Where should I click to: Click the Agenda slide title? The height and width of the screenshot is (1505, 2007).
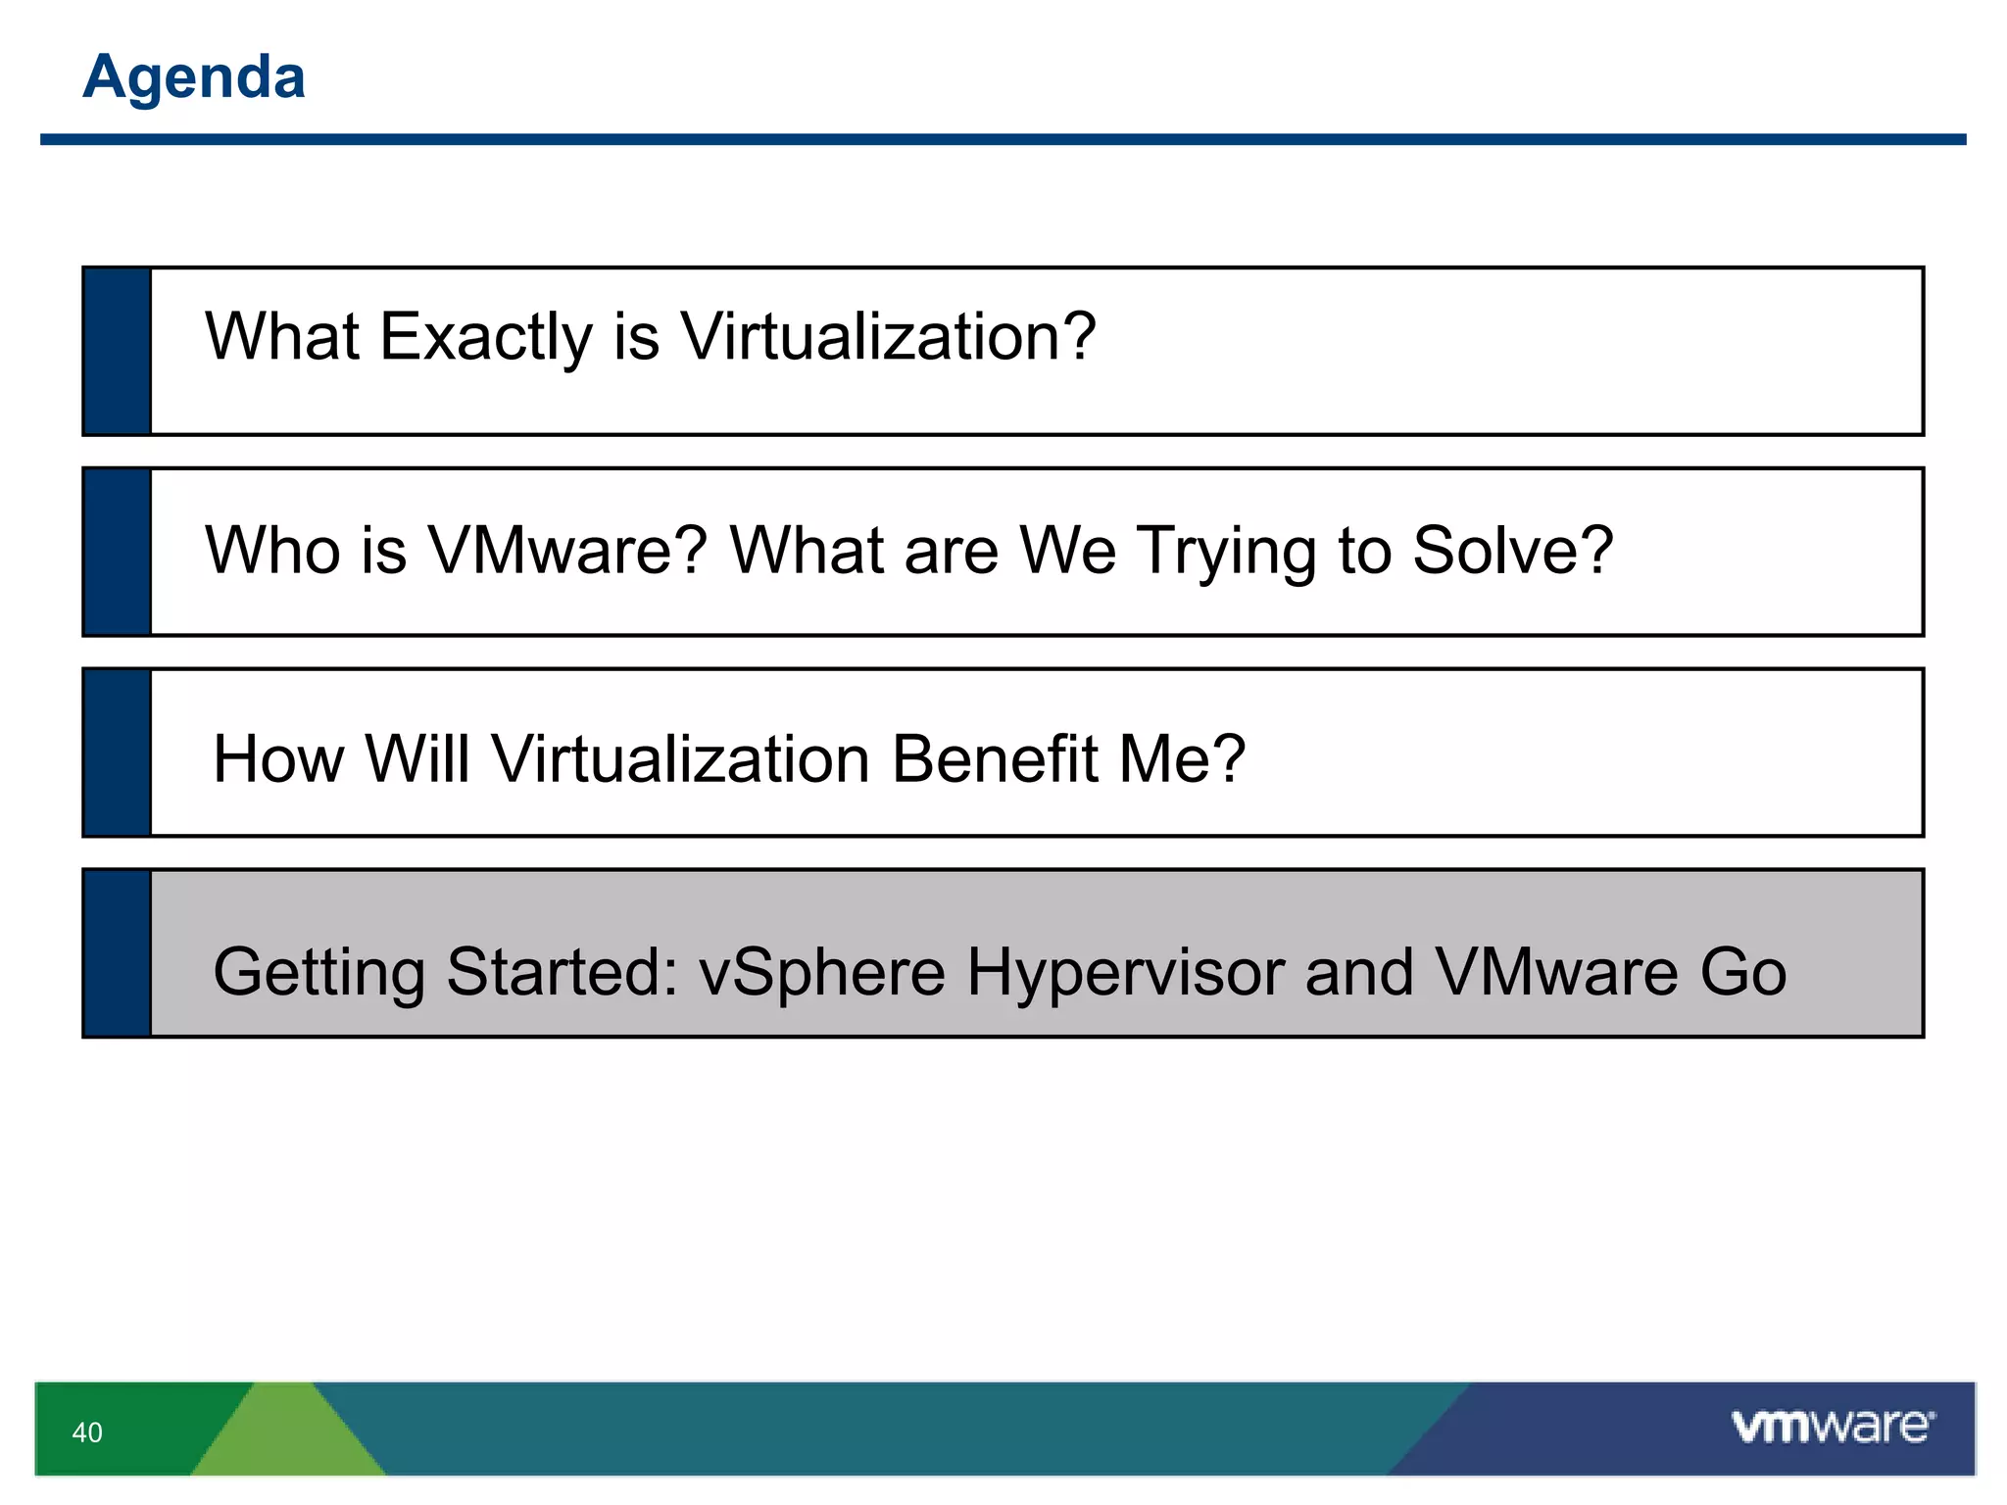194,76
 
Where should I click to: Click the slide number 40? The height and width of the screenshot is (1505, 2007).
87,1432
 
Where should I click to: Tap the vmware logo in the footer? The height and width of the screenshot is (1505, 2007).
1833,1427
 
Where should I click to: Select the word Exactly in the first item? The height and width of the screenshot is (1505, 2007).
486,338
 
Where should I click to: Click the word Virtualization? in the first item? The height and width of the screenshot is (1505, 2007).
888,336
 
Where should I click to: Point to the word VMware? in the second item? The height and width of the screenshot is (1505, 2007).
567,550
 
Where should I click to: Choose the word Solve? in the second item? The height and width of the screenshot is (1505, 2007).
1512,550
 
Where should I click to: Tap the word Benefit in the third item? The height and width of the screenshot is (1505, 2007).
995,759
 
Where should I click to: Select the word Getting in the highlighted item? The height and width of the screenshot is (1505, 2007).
318,973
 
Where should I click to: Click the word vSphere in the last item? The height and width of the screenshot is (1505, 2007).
821,973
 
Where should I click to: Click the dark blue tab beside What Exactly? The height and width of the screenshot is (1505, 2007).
118,351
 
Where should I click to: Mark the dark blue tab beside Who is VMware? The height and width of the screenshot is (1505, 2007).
118,552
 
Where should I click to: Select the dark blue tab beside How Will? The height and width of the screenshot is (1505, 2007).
118,752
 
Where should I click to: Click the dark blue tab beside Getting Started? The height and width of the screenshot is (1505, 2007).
118,953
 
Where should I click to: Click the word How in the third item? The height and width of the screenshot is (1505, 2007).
278,759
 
